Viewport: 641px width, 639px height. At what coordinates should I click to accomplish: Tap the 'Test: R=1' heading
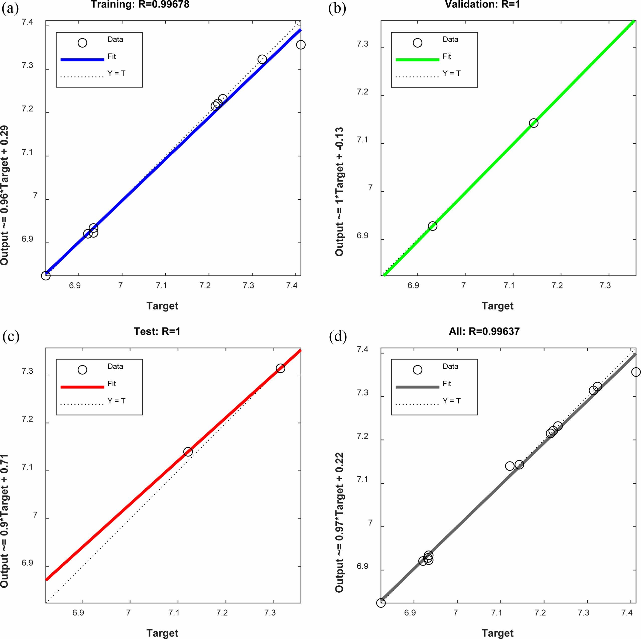[157, 331]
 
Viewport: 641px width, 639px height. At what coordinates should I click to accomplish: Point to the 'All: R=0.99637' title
[484, 331]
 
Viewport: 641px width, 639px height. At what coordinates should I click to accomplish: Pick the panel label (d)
[338, 336]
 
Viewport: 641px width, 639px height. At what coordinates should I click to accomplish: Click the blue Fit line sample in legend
[82, 60]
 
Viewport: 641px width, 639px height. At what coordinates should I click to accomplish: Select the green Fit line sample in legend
[417, 60]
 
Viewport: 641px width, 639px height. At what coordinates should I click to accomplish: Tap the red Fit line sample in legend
[82, 387]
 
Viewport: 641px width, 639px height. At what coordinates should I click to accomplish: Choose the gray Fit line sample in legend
[417, 387]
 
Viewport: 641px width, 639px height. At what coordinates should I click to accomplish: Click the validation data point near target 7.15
[534, 123]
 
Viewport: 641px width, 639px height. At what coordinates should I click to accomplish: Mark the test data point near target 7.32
[280, 368]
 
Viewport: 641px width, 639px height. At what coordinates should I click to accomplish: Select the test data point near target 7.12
[188, 452]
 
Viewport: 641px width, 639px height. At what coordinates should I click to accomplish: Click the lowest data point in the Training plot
[46, 275]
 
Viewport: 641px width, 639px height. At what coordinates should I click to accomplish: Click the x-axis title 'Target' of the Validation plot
[497, 306]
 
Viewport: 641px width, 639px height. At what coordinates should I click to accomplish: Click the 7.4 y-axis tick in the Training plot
[28, 22]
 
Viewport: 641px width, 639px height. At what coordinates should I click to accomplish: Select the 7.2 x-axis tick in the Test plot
[222, 612]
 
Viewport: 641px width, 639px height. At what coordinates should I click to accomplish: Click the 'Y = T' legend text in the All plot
[451, 401]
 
